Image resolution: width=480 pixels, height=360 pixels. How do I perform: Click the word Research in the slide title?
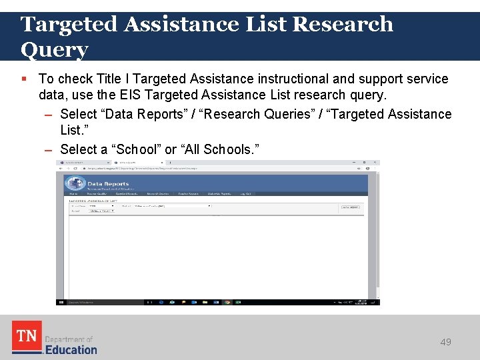pyautogui.click(x=342, y=24)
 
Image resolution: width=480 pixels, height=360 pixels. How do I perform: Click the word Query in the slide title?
pyautogui.click(x=54, y=49)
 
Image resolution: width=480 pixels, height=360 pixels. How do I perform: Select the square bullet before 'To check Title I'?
pyautogui.click(x=24, y=79)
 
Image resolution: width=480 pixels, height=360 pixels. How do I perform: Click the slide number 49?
pyautogui.click(x=445, y=342)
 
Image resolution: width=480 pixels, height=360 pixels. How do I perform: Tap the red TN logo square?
pyautogui.click(x=27, y=337)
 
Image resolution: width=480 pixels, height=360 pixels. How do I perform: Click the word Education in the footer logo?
pyautogui.click(x=71, y=349)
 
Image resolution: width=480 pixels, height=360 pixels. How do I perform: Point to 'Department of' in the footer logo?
pyautogui.click(x=68, y=339)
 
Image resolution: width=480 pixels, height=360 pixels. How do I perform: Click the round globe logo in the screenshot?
pyautogui.click(x=74, y=185)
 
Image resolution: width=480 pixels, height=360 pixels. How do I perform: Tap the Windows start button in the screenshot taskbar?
pyautogui.click(x=61, y=302)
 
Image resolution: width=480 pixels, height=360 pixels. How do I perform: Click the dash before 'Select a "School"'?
pyautogui.click(x=49, y=149)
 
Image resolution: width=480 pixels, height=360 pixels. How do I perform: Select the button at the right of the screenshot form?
pyautogui.click(x=351, y=207)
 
